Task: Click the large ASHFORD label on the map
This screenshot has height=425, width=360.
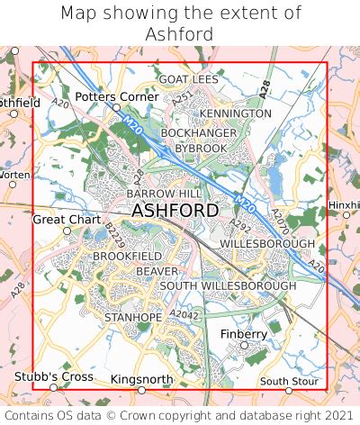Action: [175, 211]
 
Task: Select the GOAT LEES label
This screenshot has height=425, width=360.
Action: [188, 79]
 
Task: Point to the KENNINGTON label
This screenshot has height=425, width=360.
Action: [235, 113]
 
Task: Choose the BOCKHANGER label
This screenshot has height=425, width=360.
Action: [199, 133]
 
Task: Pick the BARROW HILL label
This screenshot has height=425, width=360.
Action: [165, 194]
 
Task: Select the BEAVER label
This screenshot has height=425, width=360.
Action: [157, 271]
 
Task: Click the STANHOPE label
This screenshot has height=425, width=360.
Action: [133, 318]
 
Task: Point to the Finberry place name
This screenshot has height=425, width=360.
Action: [244, 334]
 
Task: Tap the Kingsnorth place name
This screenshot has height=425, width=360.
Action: [141, 380]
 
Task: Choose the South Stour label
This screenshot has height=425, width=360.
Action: [289, 381]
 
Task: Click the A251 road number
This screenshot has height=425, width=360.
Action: [184, 98]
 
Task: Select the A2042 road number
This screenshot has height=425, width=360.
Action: [183, 314]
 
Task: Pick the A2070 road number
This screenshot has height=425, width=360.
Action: [280, 218]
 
